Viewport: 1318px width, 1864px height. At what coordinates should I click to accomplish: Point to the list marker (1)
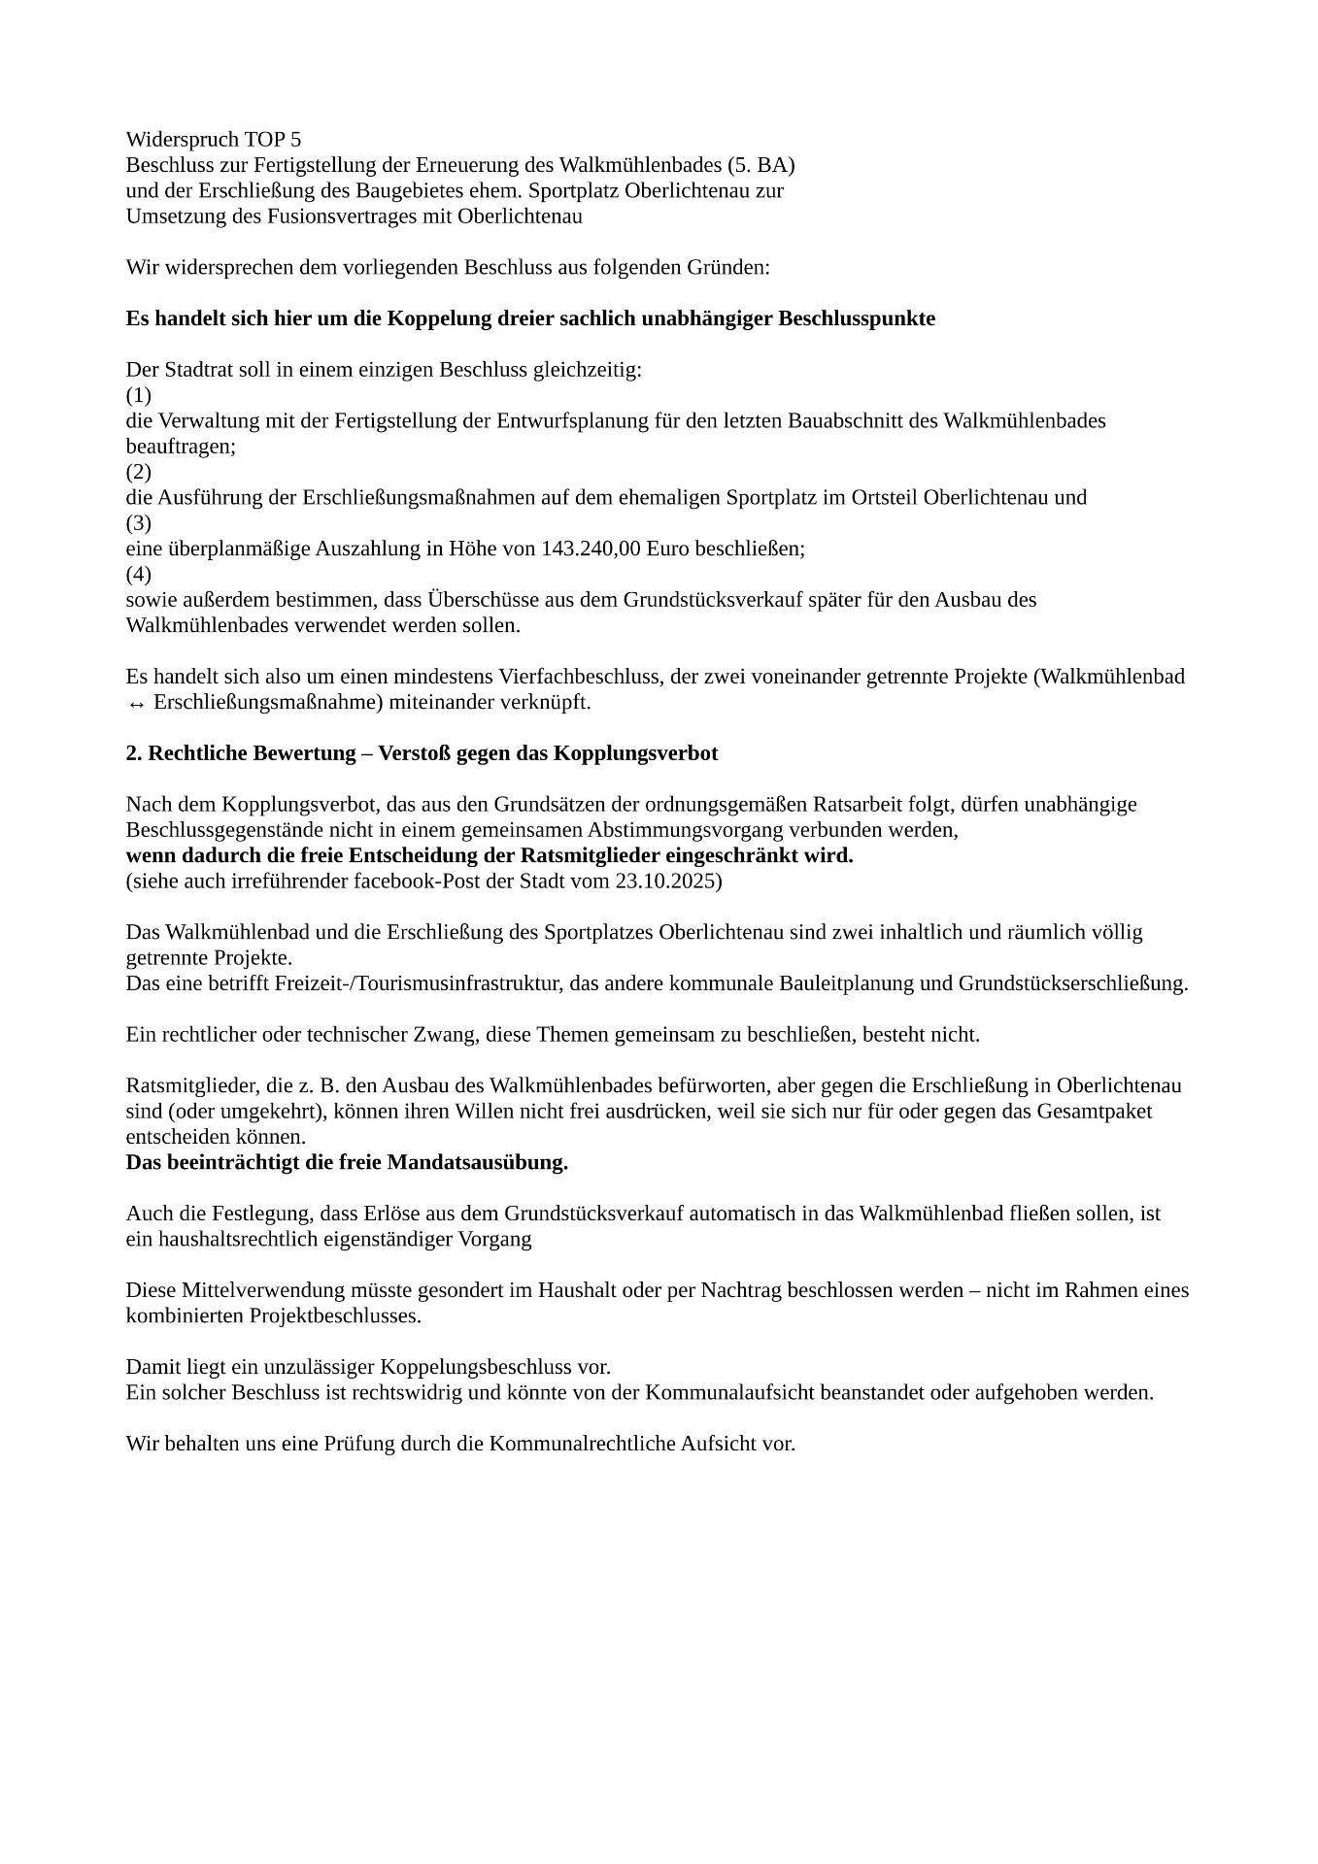[x=139, y=396]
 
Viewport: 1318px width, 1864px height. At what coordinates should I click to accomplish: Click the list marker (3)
[x=139, y=524]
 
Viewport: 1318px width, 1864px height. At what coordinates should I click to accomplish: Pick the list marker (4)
[x=139, y=575]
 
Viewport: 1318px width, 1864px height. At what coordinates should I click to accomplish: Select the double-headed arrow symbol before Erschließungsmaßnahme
[x=136, y=703]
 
